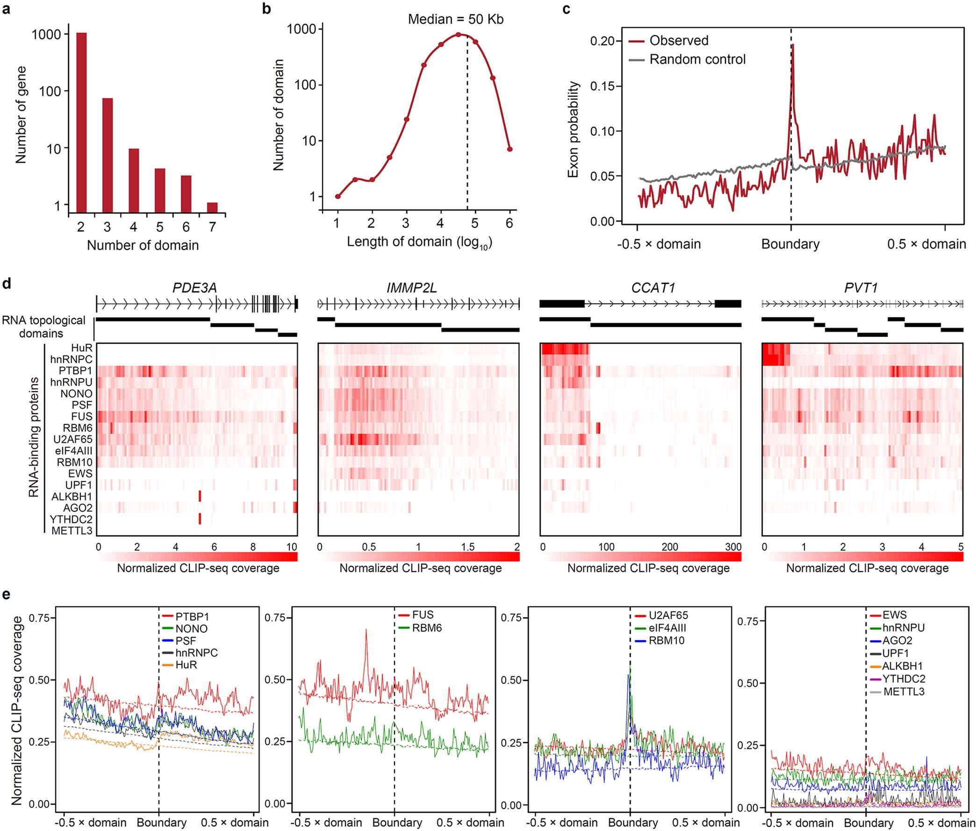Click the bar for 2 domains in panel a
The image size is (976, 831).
(x=81, y=123)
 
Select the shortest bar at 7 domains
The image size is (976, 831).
(x=212, y=208)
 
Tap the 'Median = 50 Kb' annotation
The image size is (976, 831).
(x=455, y=19)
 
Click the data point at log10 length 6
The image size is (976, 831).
(x=509, y=149)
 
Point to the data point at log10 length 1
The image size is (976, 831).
(x=337, y=196)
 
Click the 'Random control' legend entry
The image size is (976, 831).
(x=697, y=59)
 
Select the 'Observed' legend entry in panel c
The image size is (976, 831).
(x=678, y=41)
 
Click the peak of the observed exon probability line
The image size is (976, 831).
(x=792, y=46)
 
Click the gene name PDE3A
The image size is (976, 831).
(x=194, y=288)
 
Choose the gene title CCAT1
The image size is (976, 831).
(x=653, y=288)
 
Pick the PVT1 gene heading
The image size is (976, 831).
(x=861, y=288)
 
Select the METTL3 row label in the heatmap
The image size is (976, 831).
(x=72, y=531)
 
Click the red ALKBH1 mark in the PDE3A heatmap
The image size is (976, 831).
(x=200, y=496)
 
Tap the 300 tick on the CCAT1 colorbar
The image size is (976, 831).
(x=733, y=547)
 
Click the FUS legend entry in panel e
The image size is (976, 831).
(x=423, y=615)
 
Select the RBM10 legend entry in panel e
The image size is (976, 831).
(x=666, y=640)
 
